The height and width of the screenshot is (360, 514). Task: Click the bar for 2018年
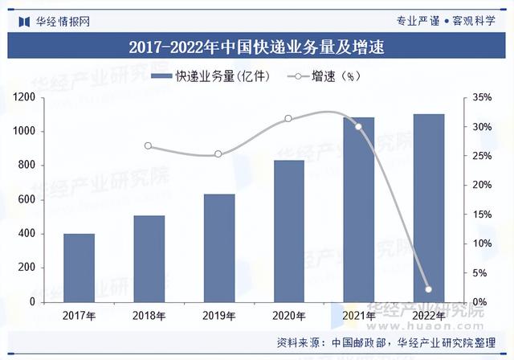point(149,259)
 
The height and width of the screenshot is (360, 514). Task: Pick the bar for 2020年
point(288,231)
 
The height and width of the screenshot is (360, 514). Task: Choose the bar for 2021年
point(358,209)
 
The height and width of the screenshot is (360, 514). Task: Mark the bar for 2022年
point(428,207)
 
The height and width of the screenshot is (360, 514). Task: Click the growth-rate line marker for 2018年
point(149,146)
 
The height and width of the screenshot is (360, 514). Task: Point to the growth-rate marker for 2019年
point(218,154)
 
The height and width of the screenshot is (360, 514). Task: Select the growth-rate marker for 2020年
point(288,119)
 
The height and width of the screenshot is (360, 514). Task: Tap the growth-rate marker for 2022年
point(428,289)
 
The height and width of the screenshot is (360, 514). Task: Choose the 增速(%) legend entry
point(321,76)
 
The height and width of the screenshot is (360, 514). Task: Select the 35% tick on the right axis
point(479,97)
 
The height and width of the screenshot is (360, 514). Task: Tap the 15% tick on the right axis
point(479,215)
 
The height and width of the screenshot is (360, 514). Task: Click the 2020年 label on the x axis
point(288,316)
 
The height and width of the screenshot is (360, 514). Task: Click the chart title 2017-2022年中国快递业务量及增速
point(257,47)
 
